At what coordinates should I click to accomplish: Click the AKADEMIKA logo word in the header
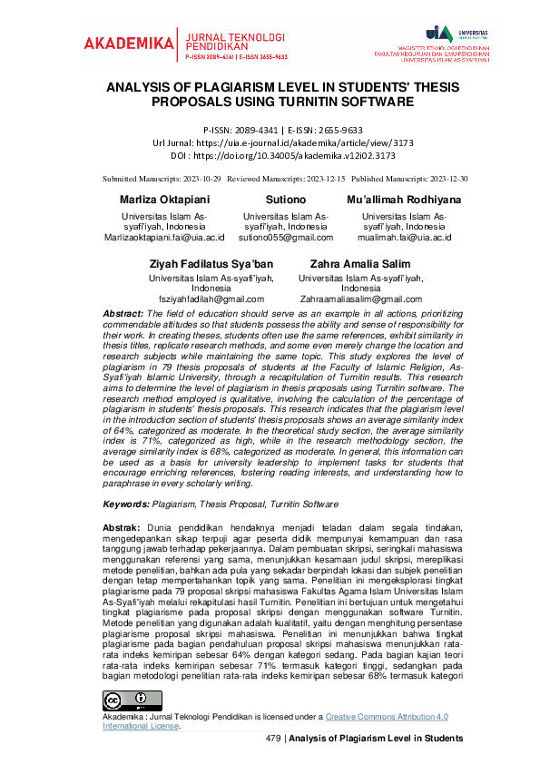(127, 43)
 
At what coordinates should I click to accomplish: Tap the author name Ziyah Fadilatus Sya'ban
(211, 262)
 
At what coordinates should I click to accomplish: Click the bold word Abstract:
(123, 313)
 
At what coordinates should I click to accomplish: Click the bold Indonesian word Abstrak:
(122, 527)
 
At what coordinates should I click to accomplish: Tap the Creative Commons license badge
(125, 700)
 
